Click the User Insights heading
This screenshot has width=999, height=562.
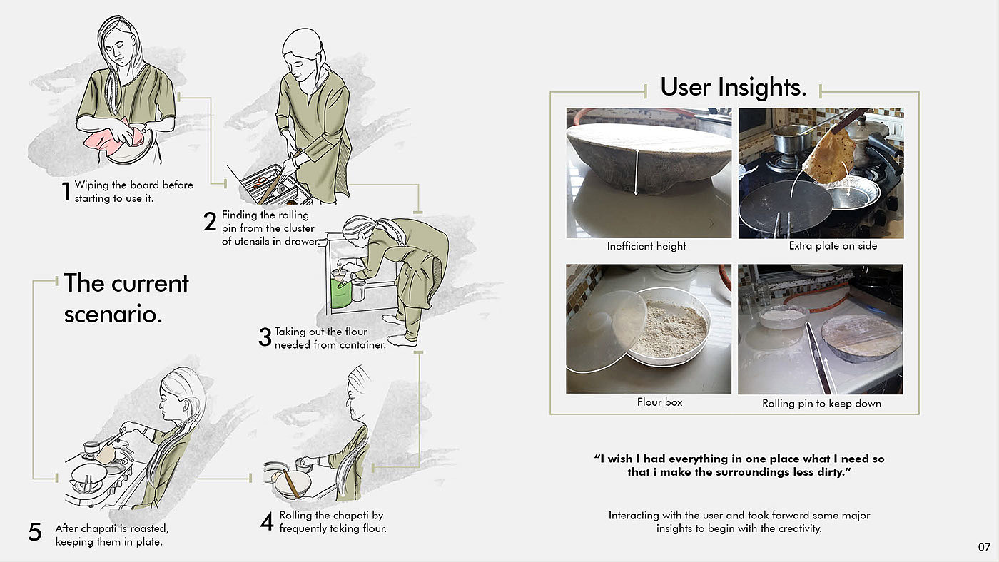pos(733,87)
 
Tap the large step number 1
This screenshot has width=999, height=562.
pos(66,192)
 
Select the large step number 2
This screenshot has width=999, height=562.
pos(210,222)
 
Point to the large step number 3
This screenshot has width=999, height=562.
pos(265,337)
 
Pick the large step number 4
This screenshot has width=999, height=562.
pos(267,521)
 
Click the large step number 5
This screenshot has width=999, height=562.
pos(35,532)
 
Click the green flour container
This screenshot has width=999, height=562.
pos(341,292)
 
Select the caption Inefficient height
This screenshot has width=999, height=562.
pos(646,246)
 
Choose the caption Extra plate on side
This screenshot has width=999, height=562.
pos(833,246)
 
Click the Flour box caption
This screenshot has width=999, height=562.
pos(659,402)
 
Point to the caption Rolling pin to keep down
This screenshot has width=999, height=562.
pos(821,404)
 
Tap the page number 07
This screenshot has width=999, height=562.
pos(984,547)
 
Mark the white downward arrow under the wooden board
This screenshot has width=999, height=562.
pos(637,173)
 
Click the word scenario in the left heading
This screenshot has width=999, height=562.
pos(113,315)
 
